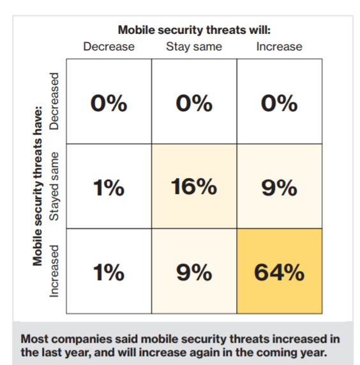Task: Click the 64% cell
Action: pyautogui.click(x=280, y=271)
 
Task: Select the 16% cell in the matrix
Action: pyautogui.click(x=194, y=186)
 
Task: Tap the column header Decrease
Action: pyautogui.click(x=109, y=47)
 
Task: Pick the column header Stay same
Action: pyautogui.click(x=194, y=47)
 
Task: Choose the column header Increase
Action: pyautogui.click(x=279, y=47)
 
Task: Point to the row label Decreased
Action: pyautogui.click(x=54, y=101)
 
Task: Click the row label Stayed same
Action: pyautogui.click(x=54, y=186)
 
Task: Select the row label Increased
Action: pyautogui.click(x=54, y=271)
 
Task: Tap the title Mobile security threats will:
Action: pyautogui.click(x=194, y=30)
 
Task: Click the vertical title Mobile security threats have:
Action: pyautogui.click(x=38, y=186)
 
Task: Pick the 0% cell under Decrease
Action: pyautogui.click(x=109, y=101)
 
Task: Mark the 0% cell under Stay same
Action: pyautogui.click(x=194, y=101)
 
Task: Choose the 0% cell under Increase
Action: pyautogui.click(x=280, y=101)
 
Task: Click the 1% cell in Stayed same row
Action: pyautogui.click(x=109, y=186)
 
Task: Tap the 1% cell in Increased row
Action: pyautogui.click(x=109, y=271)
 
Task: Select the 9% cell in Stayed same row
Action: pyautogui.click(x=280, y=186)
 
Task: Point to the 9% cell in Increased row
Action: pyautogui.click(x=194, y=271)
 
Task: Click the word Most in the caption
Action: pyautogui.click(x=34, y=339)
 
